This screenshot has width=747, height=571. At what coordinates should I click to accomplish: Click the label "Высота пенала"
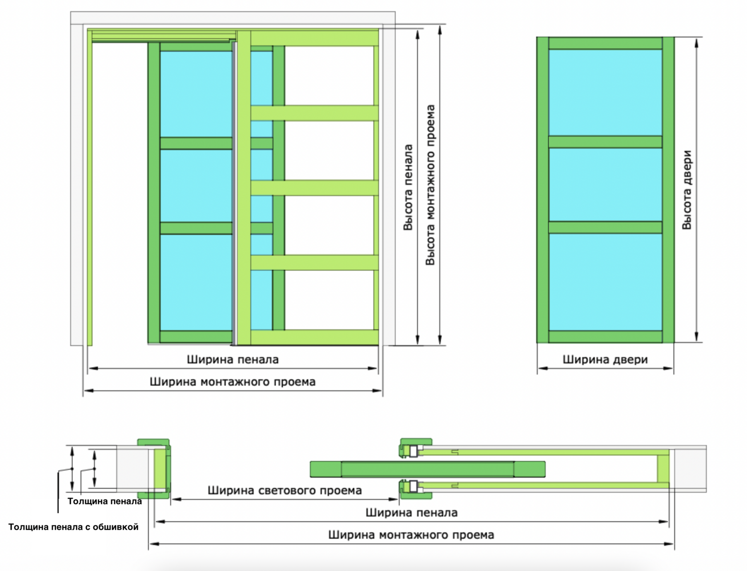(x=408, y=187)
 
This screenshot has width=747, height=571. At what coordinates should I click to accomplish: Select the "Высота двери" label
(x=687, y=190)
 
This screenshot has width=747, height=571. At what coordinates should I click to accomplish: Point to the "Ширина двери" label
(x=605, y=359)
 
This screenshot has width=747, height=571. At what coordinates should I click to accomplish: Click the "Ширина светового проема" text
(x=285, y=491)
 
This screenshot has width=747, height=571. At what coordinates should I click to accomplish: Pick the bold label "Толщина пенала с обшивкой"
(x=73, y=527)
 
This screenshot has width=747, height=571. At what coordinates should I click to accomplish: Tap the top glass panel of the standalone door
(x=605, y=92)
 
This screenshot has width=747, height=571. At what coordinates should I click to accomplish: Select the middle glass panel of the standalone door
(x=605, y=184)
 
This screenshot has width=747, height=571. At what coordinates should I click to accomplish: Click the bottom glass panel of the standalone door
(x=605, y=282)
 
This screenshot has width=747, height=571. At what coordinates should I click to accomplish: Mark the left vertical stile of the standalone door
(x=542, y=190)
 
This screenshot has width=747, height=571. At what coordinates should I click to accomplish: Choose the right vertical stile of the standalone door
(x=668, y=190)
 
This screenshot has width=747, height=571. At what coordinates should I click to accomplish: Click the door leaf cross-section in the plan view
(x=427, y=469)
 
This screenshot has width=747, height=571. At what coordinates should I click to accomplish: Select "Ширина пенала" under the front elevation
(x=233, y=359)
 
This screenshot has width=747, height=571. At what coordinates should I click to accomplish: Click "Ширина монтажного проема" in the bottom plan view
(x=411, y=535)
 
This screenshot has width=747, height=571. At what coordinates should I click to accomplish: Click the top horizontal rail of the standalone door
(x=605, y=43)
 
